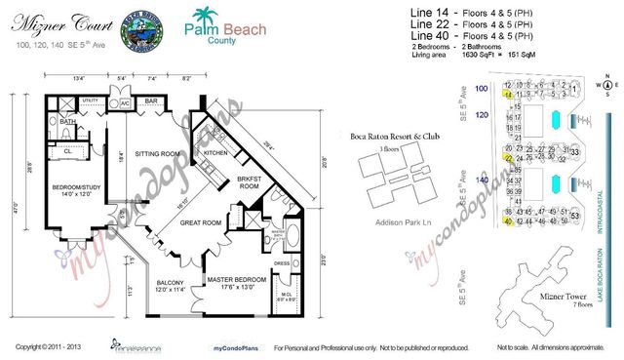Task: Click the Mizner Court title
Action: point(48,18)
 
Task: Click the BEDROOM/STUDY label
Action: point(67,187)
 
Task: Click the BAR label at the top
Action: point(151,100)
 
